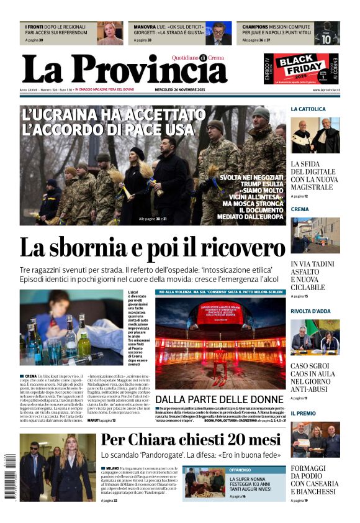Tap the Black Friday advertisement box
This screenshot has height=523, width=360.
coord(301,70)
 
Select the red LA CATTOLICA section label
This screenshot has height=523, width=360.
coord(308,109)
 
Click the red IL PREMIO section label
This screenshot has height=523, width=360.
coord(303,413)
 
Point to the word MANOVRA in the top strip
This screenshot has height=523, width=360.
coord(145,27)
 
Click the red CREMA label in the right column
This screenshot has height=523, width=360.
coord(300,210)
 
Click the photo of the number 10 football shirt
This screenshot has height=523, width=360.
coord(326,34)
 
